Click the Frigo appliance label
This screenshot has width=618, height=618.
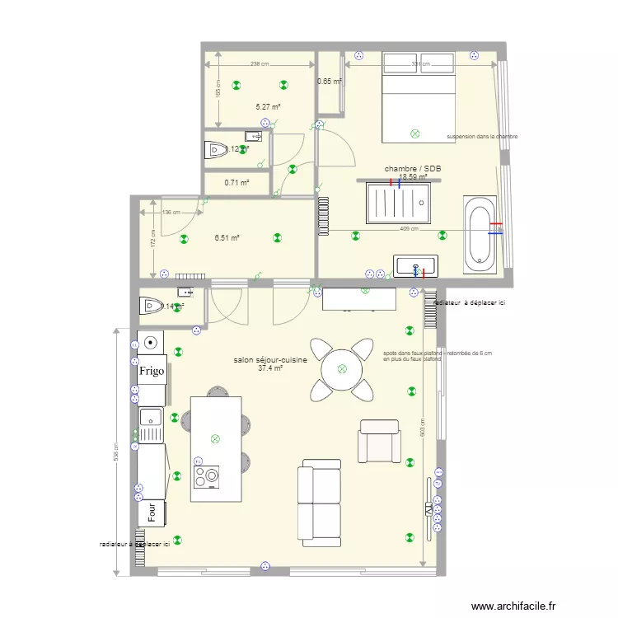coord(152,371)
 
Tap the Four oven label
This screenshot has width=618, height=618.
coord(152,512)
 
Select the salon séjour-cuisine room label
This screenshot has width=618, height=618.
coord(270,360)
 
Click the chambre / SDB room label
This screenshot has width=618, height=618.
coord(413,169)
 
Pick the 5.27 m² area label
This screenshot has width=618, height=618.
coord(268,106)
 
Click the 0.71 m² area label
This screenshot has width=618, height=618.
coord(237,183)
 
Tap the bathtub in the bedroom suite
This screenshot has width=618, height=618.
coord(480,235)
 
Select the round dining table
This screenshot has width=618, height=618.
coord(340,370)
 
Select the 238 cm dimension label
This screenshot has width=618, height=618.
coord(260,63)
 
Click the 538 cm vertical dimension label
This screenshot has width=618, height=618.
coord(118,452)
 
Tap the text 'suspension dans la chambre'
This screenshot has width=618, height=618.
coord(482,136)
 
